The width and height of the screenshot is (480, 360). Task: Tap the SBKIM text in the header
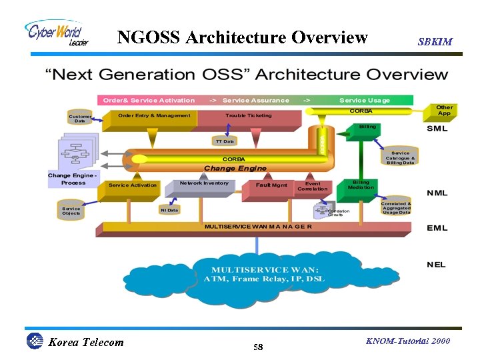(435, 41)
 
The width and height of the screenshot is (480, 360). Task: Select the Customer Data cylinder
(80, 119)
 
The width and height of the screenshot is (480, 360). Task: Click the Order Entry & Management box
(154, 116)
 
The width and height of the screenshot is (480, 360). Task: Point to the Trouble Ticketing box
(249, 116)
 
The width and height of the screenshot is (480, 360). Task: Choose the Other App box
(444, 111)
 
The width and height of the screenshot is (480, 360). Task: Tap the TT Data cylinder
(224, 141)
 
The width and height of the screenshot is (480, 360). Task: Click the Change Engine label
(235, 169)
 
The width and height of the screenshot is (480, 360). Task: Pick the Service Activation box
(133, 185)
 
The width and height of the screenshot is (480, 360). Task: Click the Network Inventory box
(203, 184)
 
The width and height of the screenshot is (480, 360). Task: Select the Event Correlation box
(313, 186)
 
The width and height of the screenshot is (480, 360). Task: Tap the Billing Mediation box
(361, 185)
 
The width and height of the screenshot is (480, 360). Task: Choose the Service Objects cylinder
(71, 210)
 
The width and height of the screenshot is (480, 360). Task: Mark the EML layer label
(437, 228)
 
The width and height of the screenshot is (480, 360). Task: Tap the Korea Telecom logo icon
(35, 341)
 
